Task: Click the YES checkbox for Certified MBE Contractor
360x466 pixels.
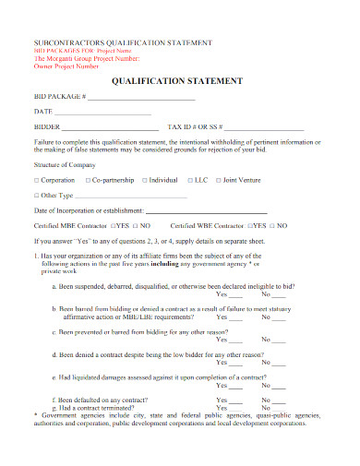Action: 113,225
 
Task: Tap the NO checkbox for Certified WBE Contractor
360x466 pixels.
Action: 273,225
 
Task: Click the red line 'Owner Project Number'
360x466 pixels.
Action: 66,66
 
